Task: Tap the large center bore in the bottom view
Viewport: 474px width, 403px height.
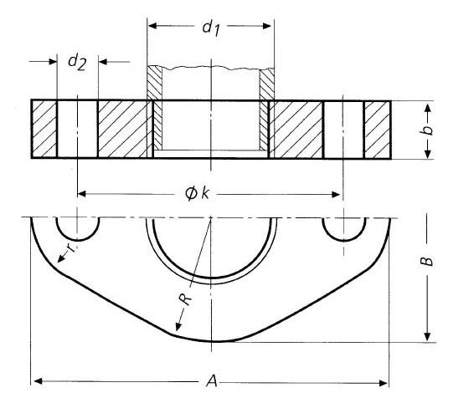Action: pos(211,242)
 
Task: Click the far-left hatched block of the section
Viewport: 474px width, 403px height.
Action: pos(44,130)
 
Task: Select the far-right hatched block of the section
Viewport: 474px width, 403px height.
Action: pos(377,130)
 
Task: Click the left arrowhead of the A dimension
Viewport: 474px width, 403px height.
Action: pos(36,382)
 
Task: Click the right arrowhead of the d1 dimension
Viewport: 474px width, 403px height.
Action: pos(269,26)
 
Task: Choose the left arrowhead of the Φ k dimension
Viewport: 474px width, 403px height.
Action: pos(82,194)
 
